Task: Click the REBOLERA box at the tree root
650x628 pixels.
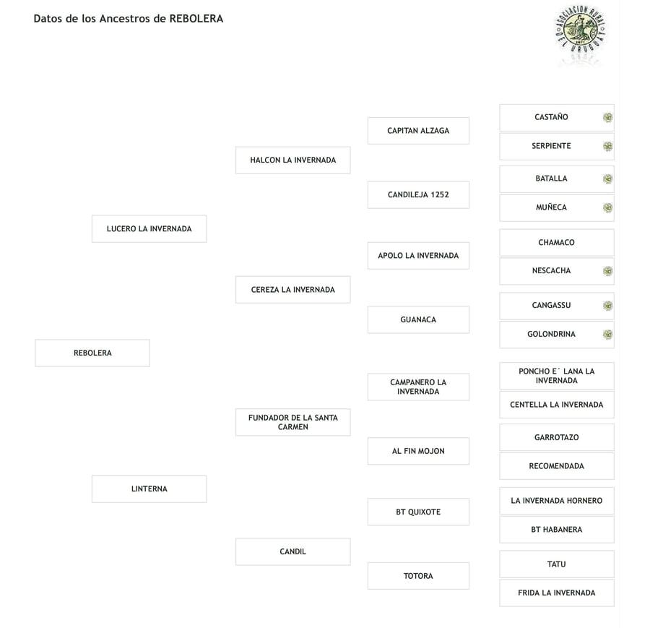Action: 92,353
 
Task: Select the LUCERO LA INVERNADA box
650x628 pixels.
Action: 149,228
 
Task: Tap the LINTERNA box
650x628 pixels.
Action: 149,489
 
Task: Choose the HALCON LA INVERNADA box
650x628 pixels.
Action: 293,160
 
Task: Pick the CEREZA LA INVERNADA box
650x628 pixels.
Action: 293,290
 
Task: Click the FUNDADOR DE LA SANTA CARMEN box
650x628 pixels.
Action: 293,422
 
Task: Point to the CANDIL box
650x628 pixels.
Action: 293,551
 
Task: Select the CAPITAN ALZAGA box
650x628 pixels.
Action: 418,131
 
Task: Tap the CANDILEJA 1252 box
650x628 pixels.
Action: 418,194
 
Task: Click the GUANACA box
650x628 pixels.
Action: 418,319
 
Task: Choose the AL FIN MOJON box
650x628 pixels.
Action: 418,451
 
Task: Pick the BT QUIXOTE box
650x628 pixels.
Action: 418,512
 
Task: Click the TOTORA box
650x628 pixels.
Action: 418,576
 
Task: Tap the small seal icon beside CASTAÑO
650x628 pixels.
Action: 607,117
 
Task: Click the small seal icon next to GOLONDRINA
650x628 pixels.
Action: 607,335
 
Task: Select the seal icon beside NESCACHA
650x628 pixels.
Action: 607,271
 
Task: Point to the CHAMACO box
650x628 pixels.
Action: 557,243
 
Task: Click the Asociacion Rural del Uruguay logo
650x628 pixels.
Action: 581,30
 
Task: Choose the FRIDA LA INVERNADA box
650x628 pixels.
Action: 557,593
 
